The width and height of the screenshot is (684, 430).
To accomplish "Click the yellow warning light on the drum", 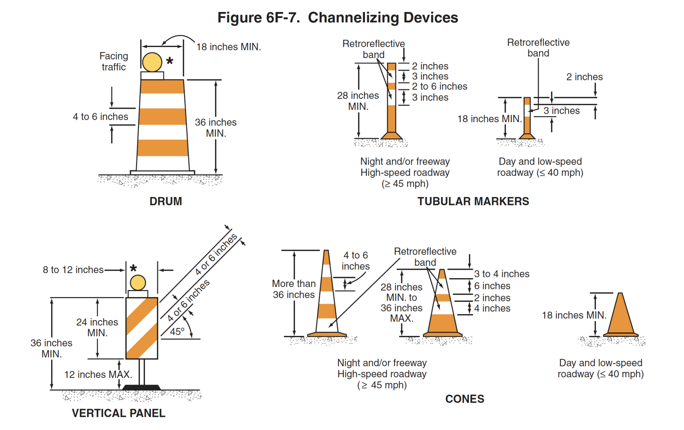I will [x=152, y=62].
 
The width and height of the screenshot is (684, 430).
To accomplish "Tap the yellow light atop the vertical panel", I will [x=138, y=283].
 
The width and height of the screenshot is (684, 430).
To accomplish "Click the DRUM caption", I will [x=166, y=201].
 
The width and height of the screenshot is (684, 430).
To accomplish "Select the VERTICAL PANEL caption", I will [x=119, y=413].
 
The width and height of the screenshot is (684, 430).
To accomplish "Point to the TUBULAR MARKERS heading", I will [x=473, y=201].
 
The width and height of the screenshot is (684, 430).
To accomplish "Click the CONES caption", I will [x=465, y=399].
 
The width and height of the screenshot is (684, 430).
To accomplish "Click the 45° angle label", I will [x=177, y=332].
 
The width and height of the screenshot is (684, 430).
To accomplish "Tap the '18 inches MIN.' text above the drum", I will [x=228, y=47].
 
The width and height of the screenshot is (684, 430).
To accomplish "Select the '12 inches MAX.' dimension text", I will [x=98, y=375].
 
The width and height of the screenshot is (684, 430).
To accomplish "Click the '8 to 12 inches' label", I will [x=73, y=270].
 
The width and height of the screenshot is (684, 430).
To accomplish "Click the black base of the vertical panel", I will [x=142, y=387].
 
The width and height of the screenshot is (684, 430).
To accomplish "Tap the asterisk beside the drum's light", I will [x=170, y=61].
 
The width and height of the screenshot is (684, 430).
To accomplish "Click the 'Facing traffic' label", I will [x=114, y=61].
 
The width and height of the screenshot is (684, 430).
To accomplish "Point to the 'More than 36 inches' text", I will [x=294, y=289].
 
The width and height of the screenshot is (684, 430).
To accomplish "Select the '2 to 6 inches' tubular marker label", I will [x=439, y=86].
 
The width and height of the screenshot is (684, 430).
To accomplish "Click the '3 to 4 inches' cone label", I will [x=502, y=274].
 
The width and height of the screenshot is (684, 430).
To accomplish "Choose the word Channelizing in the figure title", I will [x=383, y=17].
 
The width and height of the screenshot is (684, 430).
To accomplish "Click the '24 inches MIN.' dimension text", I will [x=97, y=327].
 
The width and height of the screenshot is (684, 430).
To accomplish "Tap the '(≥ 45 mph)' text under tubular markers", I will [x=405, y=184].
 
